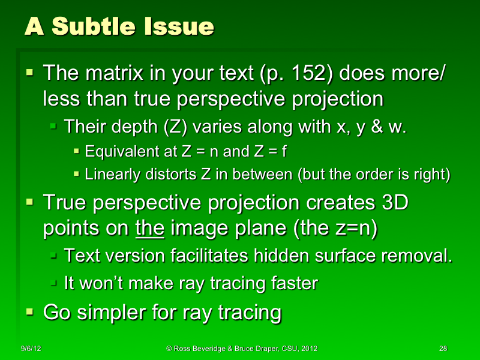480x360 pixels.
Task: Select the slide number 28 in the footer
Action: pos(443,349)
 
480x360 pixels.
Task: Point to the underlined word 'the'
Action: pos(151,229)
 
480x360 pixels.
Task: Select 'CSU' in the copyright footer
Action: pos(289,349)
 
